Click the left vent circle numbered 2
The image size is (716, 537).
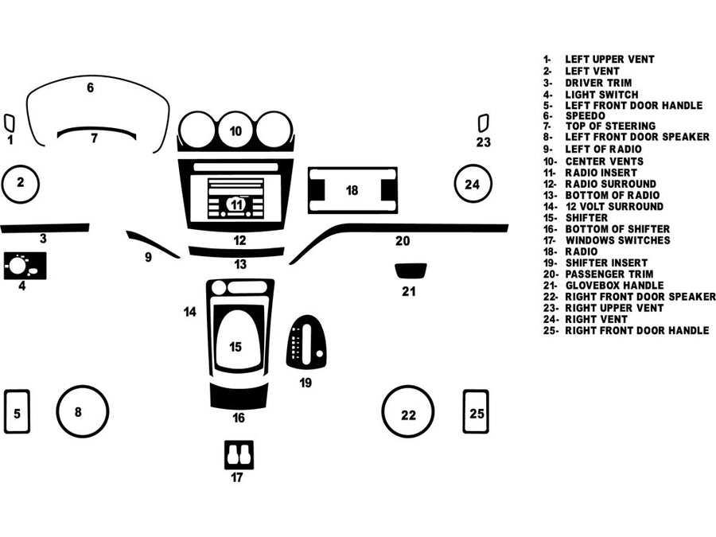coord(21,183)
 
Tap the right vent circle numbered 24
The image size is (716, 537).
coord(473,185)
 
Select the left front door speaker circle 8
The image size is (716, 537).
coord(82,411)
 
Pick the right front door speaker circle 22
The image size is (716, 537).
coord(408,414)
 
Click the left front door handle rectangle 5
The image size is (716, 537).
coord(17,411)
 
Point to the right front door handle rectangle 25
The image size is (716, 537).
coord(476,411)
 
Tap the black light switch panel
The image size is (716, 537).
coord(25,265)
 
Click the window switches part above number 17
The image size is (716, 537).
coord(239,454)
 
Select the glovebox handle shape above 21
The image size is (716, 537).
coord(411,270)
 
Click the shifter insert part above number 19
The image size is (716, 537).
coord(306,342)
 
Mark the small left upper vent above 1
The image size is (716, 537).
coord(9,123)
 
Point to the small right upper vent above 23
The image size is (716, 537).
coord(483,123)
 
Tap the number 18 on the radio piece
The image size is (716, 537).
coord(352,190)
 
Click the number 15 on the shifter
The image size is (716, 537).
coord(235,347)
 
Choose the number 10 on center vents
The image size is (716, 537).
coord(235,130)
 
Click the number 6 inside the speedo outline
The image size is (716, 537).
coord(90,88)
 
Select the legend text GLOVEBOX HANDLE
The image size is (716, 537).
coord(614,285)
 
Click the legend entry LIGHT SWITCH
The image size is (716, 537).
coord(601,95)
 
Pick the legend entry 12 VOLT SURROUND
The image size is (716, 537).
coord(613,206)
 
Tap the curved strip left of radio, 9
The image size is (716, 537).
coord(151,243)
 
